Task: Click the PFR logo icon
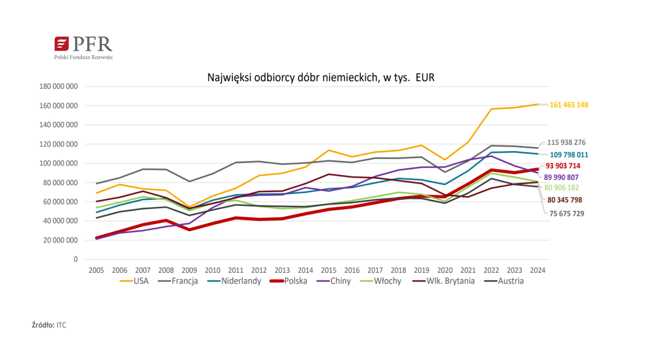coord(61,44)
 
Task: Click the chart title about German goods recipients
coord(321,78)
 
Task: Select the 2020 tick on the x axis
coord(445,270)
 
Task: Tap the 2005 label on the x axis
coord(96,270)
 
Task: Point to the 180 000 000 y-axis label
coord(58,87)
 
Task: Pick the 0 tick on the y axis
coord(76,260)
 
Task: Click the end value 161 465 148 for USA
coord(569,105)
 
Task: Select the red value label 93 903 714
coord(563,166)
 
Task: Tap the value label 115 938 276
coord(566,143)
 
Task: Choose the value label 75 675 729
coord(567,214)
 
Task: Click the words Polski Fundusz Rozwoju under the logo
coord(84,57)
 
